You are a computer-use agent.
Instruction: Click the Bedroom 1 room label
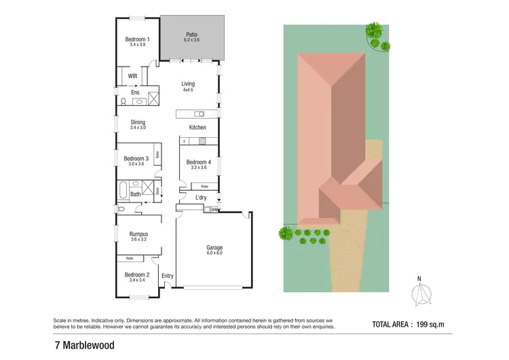point(138,39)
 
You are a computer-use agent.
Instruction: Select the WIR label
point(133,75)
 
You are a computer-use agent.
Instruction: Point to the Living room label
point(187,84)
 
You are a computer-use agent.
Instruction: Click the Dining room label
point(138,122)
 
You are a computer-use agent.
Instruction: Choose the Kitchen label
point(197,128)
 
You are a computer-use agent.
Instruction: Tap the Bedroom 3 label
point(136,159)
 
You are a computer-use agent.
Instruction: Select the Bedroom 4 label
point(198,162)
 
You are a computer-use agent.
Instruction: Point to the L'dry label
point(201,198)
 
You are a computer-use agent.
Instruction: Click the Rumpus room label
point(138,234)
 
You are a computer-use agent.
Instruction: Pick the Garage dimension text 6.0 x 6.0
point(214,253)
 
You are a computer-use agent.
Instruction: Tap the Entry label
point(168,275)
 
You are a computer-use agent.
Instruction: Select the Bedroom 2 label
point(138,274)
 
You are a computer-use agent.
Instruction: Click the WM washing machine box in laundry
point(214,211)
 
